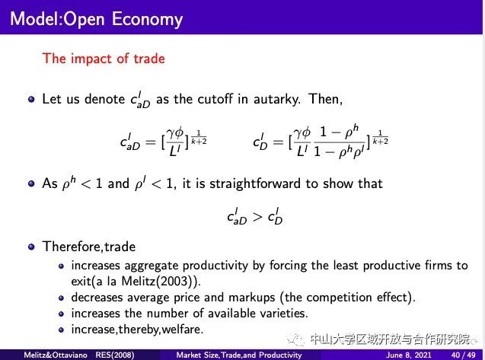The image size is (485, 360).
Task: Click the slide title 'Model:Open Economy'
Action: pos(96,19)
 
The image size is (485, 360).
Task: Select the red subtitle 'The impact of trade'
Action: pos(104,59)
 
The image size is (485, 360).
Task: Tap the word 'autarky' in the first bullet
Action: pos(276,99)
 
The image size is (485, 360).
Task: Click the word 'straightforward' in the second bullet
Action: pos(255,183)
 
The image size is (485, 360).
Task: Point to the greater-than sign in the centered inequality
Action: pos(257,217)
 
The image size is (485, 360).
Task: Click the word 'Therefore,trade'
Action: pos(89,247)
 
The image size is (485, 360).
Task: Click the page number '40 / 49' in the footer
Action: pos(463,355)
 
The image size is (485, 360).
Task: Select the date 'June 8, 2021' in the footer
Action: pos(408,355)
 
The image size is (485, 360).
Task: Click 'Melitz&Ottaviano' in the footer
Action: pos(56,355)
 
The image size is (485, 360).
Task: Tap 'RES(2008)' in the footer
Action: pos(115,355)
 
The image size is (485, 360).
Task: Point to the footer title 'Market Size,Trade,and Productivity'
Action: pos(239,355)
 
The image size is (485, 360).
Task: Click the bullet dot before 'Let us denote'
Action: pos(31,99)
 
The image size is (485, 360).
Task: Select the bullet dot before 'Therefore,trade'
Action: pos(31,247)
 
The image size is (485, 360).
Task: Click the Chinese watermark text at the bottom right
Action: pos(390,339)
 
